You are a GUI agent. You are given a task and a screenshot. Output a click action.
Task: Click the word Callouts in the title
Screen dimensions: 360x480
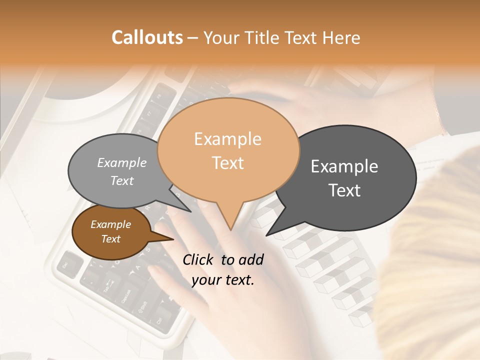click(147, 37)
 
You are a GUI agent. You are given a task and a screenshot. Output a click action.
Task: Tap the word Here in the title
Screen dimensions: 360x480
click(341, 37)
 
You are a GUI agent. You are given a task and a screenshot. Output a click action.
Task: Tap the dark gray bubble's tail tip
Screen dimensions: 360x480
click(267, 234)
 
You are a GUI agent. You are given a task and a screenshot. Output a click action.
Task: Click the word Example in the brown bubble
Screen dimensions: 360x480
click(110, 224)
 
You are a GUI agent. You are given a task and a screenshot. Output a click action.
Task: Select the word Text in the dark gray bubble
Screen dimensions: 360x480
click(345, 190)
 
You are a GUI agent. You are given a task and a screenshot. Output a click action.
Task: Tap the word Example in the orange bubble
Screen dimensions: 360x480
click(228, 139)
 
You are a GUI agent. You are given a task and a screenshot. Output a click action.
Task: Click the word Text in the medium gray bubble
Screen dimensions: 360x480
click(122, 180)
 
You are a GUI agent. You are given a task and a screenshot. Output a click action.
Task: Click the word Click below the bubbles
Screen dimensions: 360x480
click(199, 259)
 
